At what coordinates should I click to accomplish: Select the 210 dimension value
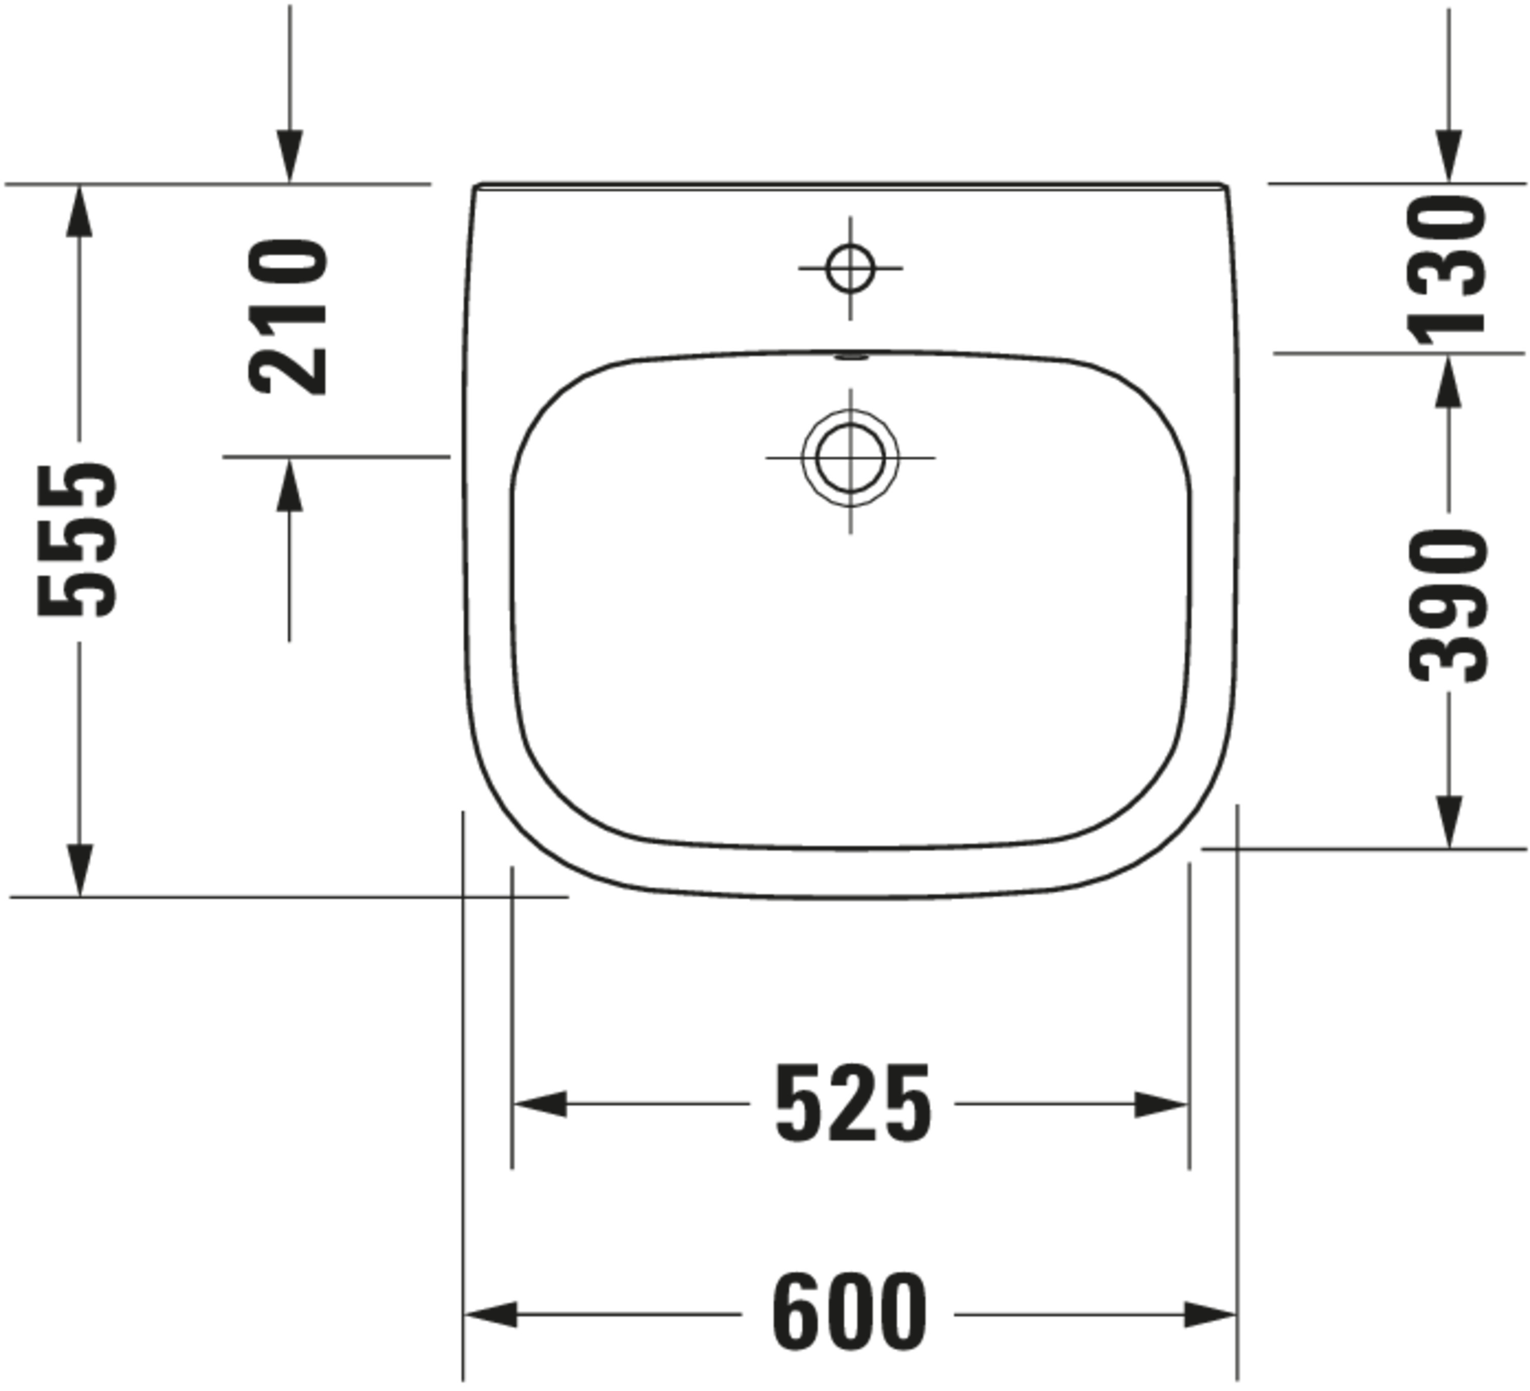[288, 317]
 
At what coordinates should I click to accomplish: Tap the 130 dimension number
[1446, 269]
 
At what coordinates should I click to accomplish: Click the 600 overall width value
[850, 1313]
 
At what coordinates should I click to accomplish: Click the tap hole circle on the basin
[850, 268]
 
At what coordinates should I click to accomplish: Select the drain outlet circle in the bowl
[850, 457]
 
